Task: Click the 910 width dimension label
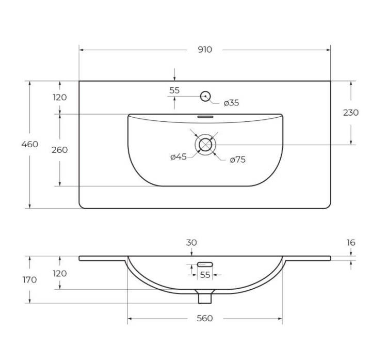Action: pyautogui.click(x=205, y=50)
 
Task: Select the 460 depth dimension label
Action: pyautogui.click(x=29, y=144)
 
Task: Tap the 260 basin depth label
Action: pyautogui.click(x=60, y=150)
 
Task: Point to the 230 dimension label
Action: pyautogui.click(x=351, y=113)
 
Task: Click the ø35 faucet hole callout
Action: pyautogui.click(x=231, y=103)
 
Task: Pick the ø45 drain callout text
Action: pyautogui.click(x=179, y=156)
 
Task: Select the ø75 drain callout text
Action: pyautogui.click(x=238, y=160)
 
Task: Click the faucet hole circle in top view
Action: pyautogui.click(x=205, y=96)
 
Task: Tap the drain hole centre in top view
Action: pyautogui.click(x=205, y=145)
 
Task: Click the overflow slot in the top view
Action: pyautogui.click(x=205, y=117)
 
